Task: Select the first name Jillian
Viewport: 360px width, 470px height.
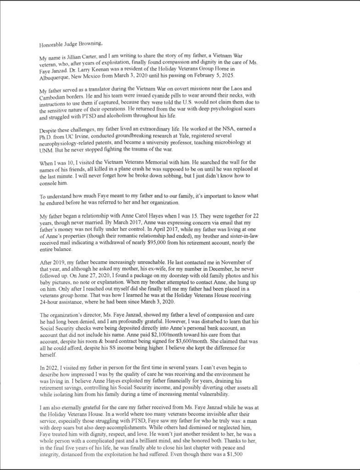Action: point(77,59)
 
